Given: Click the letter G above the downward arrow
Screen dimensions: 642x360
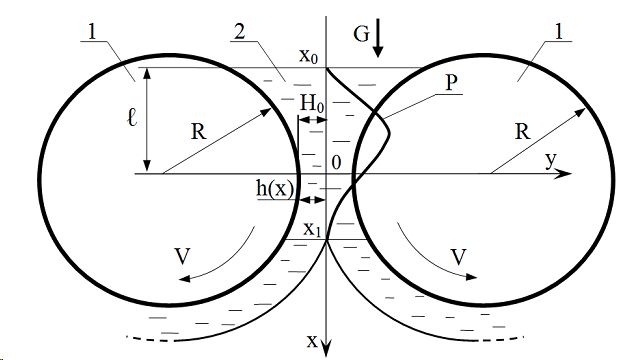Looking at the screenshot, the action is (362, 34).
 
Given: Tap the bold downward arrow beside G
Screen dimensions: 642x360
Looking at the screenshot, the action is (378, 38).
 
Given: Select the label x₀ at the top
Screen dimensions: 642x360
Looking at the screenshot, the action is (308, 56).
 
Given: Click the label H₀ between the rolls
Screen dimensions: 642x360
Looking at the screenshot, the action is (312, 103).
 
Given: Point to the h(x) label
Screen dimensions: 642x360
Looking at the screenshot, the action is (275, 189).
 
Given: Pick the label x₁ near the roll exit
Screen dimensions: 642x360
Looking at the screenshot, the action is (312, 229).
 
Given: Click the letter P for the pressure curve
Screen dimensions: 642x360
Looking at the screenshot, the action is (451, 83).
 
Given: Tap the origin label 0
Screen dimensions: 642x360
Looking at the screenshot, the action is (336, 163).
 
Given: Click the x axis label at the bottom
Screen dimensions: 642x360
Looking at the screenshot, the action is (312, 341).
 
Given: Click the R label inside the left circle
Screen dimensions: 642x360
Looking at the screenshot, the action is (199, 132).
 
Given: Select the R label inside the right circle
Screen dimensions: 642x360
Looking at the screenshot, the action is (522, 132).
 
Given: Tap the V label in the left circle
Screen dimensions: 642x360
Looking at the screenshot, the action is (183, 257).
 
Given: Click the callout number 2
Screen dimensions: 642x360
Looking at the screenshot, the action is (240, 32).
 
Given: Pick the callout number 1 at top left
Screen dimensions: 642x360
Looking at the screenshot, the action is (93, 32).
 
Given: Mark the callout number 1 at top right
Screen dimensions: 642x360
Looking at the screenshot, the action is (558, 32).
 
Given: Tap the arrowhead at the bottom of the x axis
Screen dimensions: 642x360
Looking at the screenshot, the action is (326, 349).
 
